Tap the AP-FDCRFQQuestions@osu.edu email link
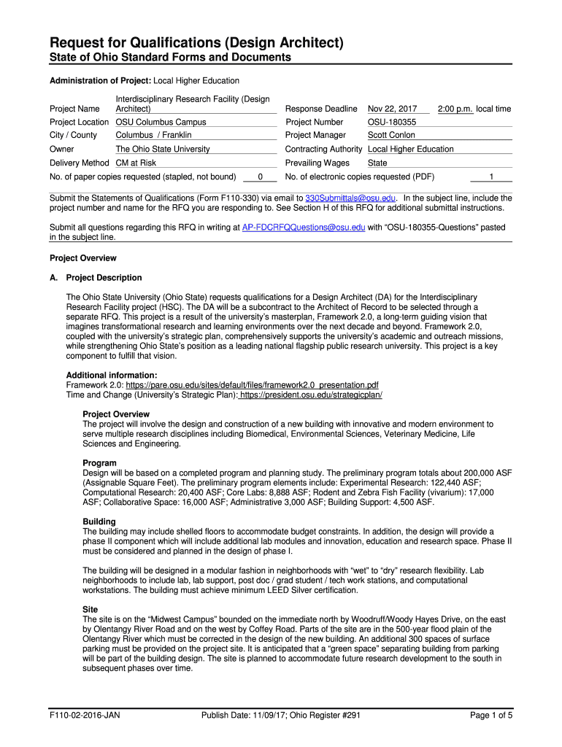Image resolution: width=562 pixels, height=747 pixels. click(x=303, y=228)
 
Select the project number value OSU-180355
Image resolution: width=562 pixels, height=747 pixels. click(x=392, y=123)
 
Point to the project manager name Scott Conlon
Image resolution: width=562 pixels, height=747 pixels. click(x=391, y=136)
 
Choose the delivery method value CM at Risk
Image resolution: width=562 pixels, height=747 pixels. click(x=136, y=163)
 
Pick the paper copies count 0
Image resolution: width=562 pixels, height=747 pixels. click(x=261, y=177)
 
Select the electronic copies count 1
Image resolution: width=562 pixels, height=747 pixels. click(x=491, y=177)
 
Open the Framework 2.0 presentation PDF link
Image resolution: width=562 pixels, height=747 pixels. click(x=252, y=384)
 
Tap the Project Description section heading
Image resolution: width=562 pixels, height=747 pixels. click(x=104, y=278)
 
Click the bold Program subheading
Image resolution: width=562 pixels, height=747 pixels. click(x=100, y=463)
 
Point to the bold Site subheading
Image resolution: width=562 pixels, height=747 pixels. click(x=91, y=609)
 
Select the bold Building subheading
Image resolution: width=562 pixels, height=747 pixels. click(x=99, y=522)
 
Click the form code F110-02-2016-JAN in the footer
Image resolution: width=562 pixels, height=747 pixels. click(x=85, y=715)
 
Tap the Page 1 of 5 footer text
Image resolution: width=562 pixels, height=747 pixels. click(x=491, y=715)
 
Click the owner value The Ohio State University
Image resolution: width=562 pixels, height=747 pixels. click(x=163, y=149)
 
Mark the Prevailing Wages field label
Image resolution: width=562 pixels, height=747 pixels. click(x=317, y=163)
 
